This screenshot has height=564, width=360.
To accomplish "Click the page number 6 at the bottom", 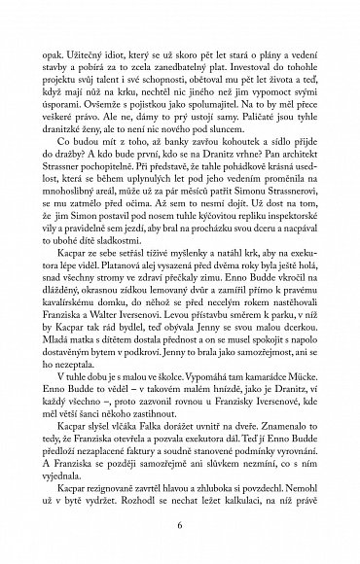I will (180, 522).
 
